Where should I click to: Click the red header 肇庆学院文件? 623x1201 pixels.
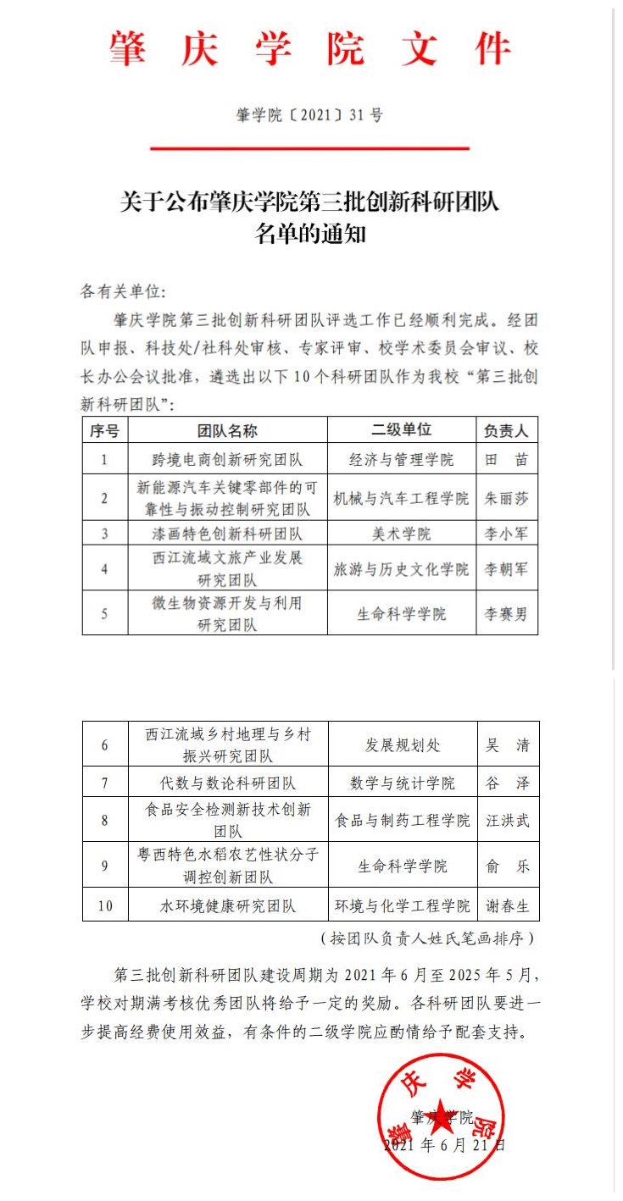tap(310, 49)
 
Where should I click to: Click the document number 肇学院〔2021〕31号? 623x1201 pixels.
tap(309, 115)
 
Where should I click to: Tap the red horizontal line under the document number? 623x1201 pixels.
tap(309, 148)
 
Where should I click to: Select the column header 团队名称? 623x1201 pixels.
tap(227, 430)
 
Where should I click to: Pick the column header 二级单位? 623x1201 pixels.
tap(401, 429)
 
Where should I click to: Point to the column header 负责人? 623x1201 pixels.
tap(506, 430)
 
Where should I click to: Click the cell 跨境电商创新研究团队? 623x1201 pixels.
tap(227, 459)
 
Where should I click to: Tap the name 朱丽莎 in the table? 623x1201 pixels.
tap(506, 498)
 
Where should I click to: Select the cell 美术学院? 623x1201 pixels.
tap(401, 534)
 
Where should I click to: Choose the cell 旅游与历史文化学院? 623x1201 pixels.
tap(401, 569)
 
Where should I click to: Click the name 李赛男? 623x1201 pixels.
tap(506, 614)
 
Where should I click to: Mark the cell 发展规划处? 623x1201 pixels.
tap(403, 745)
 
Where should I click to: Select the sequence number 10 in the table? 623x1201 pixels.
tap(105, 905)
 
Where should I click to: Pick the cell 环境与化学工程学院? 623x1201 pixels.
tap(403, 905)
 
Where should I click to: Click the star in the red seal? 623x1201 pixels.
tap(440, 1117)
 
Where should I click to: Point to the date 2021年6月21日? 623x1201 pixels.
tap(445, 1145)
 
